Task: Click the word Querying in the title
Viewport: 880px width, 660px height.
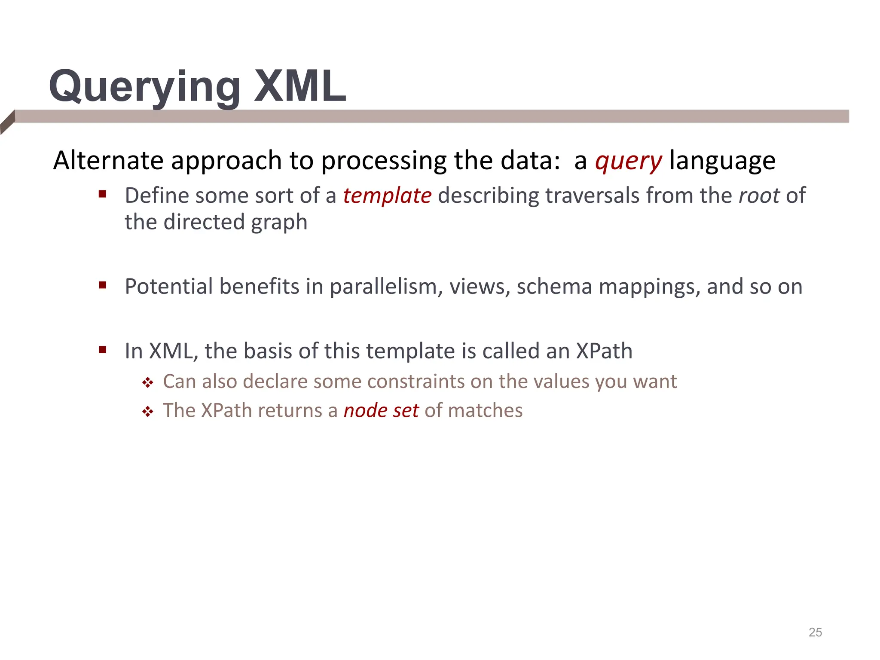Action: point(144,87)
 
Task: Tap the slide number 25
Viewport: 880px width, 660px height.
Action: point(815,632)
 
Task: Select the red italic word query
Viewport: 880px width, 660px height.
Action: point(628,161)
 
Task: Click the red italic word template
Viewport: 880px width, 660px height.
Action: point(387,196)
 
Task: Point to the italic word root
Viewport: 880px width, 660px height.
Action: point(759,196)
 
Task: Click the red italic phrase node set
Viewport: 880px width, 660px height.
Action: point(381,410)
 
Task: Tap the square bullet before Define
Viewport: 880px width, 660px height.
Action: point(102,194)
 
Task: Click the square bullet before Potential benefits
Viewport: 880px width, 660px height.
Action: point(102,285)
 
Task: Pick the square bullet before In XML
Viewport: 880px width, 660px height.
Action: point(102,349)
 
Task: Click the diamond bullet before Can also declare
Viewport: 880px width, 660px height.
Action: point(148,382)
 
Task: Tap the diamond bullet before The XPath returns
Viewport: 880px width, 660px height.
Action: point(148,412)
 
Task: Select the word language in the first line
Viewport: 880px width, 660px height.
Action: point(722,161)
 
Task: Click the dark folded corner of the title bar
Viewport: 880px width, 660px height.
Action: point(7,122)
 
